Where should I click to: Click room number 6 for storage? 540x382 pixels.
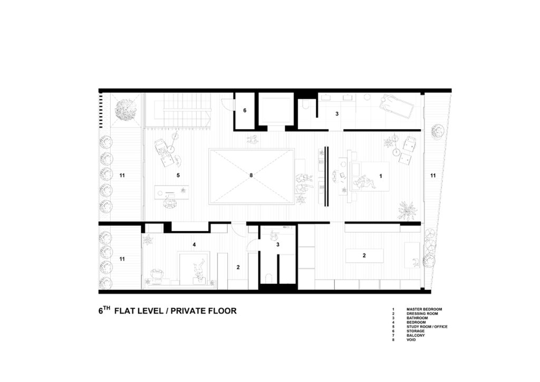click(x=245, y=111)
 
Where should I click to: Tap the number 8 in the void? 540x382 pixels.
click(x=251, y=175)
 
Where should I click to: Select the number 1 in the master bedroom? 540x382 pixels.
click(x=381, y=176)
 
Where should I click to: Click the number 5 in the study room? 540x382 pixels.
click(x=178, y=175)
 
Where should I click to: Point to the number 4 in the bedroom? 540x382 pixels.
click(x=194, y=245)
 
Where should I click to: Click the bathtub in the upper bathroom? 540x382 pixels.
click(x=397, y=107)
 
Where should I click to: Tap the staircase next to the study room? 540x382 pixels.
click(x=178, y=110)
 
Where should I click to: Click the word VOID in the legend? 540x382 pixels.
click(x=411, y=340)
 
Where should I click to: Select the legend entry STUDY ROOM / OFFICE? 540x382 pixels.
click(x=427, y=327)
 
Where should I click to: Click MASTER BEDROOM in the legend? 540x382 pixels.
click(x=424, y=309)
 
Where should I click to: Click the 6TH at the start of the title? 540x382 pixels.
click(x=104, y=310)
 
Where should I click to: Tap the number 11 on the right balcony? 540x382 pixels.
click(x=433, y=175)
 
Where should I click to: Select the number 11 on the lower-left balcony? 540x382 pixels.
click(x=122, y=259)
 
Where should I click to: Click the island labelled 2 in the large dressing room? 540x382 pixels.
click(x=364, y=255)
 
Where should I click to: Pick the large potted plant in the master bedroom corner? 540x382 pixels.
click(x=408, y=211)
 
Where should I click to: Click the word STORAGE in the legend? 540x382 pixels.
click(x=416, y=331)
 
